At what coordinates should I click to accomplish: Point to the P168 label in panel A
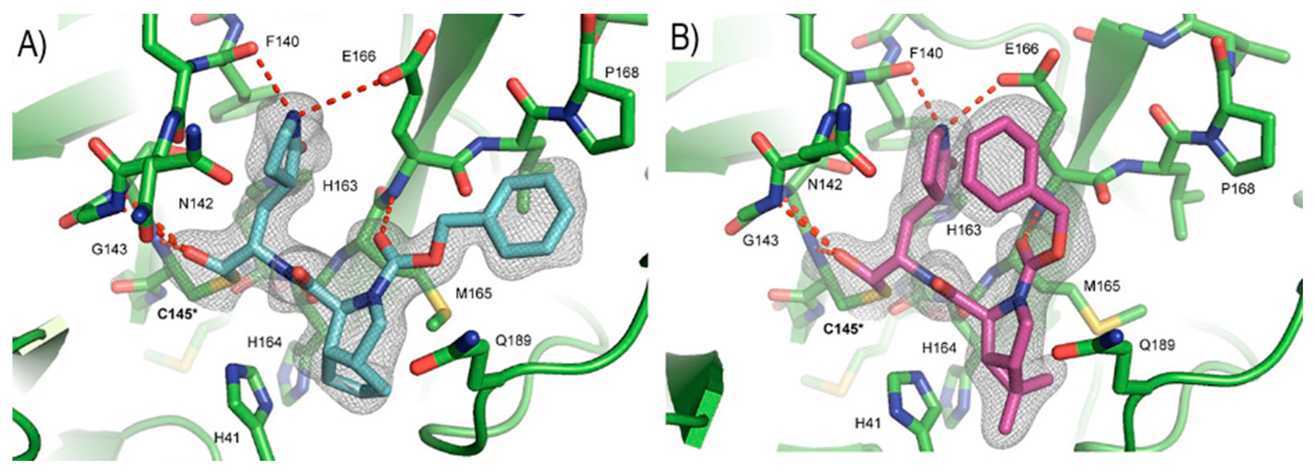click(x=621, y=73)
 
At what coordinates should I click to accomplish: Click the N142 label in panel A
click(x=195, y=204)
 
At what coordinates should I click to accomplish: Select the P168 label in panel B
click(x=1237, y=188)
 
